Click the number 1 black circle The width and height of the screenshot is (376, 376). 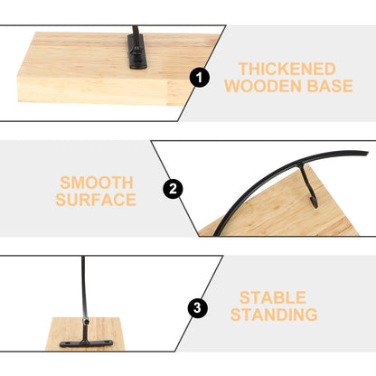tap(200, 78)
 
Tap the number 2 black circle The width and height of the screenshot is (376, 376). tap(173, 189)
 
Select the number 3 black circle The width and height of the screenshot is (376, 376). tap(197, 308)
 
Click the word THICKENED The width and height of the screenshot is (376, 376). tap(287, 69)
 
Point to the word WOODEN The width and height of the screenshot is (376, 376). tap(263, 86)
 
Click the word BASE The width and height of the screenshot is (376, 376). tap(330, 86)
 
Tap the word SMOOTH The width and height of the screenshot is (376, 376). tap(97, 183)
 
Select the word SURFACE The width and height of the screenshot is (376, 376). tap(96, 200)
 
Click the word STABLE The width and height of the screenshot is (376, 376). tap(273, 298)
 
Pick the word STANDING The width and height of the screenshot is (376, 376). tap(274, 315)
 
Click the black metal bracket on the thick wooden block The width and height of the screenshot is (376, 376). tap(137, 50)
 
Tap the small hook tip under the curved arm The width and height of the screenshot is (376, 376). tap(315, 204)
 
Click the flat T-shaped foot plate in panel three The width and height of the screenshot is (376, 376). tap(86, 343)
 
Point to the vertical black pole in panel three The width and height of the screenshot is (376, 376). tap(84, 287)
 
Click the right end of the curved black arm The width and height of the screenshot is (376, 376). tap(368, 153)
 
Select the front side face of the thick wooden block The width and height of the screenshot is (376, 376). tap(92, 89)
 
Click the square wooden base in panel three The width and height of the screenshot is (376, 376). tap(84, 334)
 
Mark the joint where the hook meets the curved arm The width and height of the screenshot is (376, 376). tap(300, 164)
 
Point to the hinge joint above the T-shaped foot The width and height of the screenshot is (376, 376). tap(86, 322)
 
